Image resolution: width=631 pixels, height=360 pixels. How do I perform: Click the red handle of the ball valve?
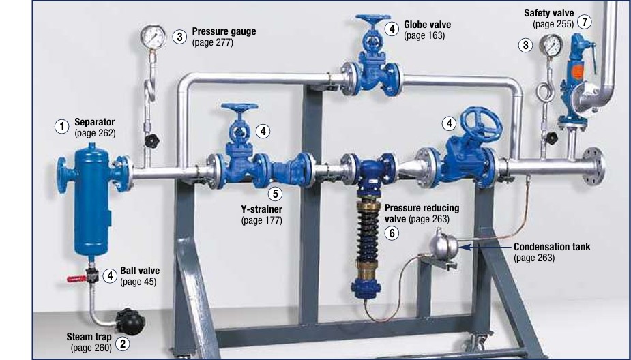click(x=76, y=278)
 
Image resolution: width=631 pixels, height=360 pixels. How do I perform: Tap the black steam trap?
click(x=130, y=321)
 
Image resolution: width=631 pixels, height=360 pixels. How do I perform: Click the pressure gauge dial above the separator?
click(x=153, y=37)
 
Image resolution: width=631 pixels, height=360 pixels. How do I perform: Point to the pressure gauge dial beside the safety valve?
click(x=551, y=46)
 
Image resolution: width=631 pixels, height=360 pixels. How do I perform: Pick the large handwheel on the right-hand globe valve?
click(x=482, y=124)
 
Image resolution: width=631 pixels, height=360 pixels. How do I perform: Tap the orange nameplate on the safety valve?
click(x=577, y=72)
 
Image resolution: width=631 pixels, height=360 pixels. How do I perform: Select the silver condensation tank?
click(x=443, y=244)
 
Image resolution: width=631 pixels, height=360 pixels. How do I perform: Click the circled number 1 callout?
click(x=62, y=127)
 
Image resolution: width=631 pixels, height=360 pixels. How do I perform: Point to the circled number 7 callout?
click(x=585, y=21)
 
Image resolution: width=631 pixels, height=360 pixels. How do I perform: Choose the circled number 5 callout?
click(x=276, y=194)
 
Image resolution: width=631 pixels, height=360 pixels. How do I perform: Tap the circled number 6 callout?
click(x=392, y=233)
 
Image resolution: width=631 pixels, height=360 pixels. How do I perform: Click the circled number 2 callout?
click(x=123, y=344)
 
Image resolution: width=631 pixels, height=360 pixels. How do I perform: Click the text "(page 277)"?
click(x=213, y=42)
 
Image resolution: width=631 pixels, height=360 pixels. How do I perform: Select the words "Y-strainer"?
click(x=261, y=209)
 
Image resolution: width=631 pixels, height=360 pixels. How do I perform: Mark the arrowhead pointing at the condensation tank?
click(x=465, y=246)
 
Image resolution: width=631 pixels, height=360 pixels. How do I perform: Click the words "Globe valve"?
click(x=427, y=25)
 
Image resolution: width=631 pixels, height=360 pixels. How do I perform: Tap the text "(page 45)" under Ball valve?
click(x=138, y=282)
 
